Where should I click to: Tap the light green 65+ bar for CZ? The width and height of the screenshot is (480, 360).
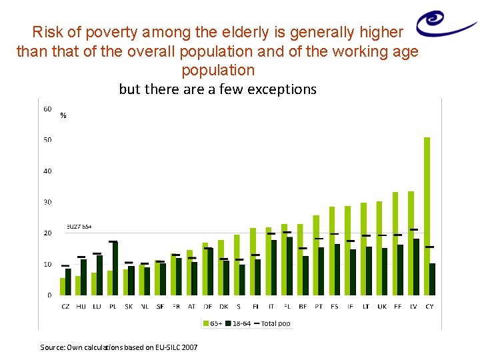(63, 286)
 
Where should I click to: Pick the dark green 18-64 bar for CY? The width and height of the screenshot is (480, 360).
(433, 279)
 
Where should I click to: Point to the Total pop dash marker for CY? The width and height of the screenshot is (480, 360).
(430, 247)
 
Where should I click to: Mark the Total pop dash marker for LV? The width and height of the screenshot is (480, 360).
(414, 230)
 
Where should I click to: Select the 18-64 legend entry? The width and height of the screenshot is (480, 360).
(238, 323)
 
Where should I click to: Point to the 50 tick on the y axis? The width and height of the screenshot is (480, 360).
(48, 140)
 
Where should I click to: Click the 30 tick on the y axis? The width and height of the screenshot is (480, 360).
(48, 202)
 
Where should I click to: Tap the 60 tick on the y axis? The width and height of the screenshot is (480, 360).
(48, 109)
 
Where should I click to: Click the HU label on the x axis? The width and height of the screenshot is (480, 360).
(81, 306)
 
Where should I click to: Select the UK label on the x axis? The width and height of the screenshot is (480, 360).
(382, 306)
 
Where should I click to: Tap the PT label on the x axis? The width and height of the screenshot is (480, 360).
(319, 306)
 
